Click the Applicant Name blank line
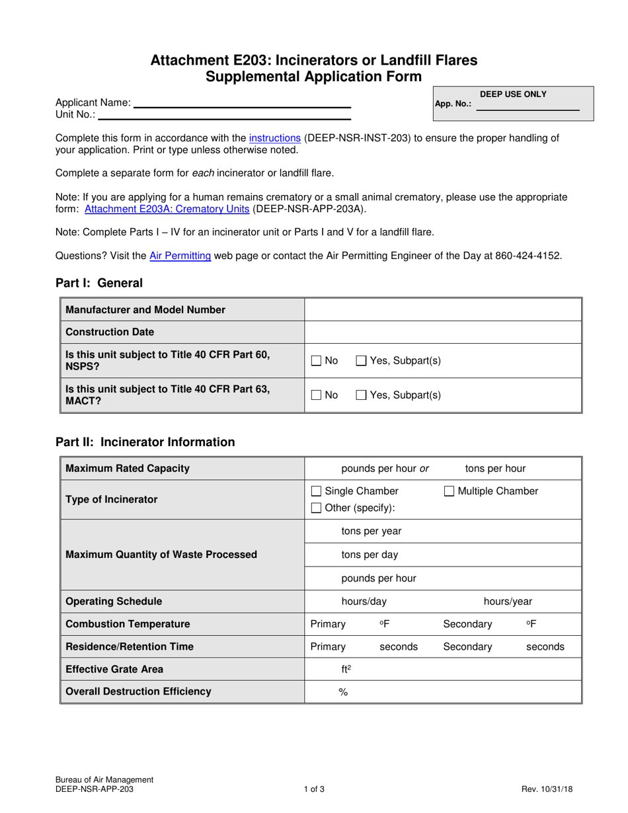click(x=241, y=104)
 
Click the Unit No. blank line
click(x=223, y=115)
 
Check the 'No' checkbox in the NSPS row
click(x=317, y=361)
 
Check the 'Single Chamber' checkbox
click(x=317, y=491)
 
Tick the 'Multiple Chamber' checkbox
click(x=449, y=491)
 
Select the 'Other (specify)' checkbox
click(x=317, y=508)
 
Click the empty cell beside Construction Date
click(x=442, y=332)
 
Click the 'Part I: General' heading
click(x=99, y=283)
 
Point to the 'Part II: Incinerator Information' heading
click(x=145, y=442)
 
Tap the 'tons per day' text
click(x=370, y=555)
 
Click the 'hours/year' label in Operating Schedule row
click(x=508, y=601)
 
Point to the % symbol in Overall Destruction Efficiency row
click(x=343, y=692)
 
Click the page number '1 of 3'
click(x=313, y=789)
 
